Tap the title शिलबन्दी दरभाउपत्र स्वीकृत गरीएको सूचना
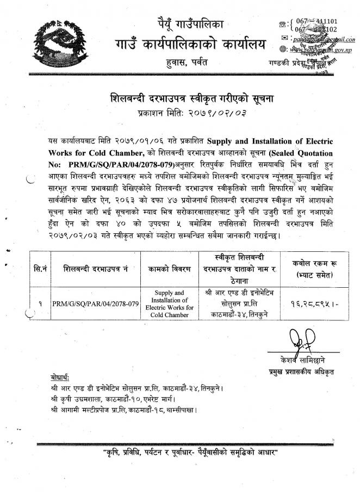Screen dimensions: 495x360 (x=180, y=98)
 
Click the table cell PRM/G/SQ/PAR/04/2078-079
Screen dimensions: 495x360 (x=95, y=303)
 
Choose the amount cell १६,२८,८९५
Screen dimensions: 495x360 (x=308, y=304)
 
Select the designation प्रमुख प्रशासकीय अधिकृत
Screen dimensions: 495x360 (x=305, y=372)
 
